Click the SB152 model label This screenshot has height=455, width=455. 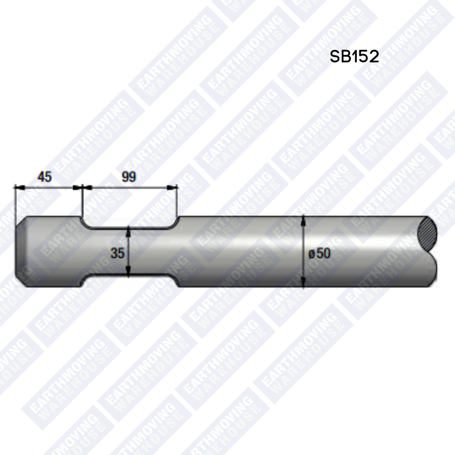[x=354, y=56]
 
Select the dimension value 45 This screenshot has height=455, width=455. [x=45, y=177]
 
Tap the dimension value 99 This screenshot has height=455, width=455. [x=129, y=177]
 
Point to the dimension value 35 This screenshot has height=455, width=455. [x=118, y=253]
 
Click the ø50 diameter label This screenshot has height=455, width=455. [x=319, y=253]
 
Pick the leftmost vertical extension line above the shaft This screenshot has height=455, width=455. [x=15, y=202]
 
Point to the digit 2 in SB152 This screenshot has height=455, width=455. [x=373, y=56]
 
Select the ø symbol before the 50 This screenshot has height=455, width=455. [x=311, y=254]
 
